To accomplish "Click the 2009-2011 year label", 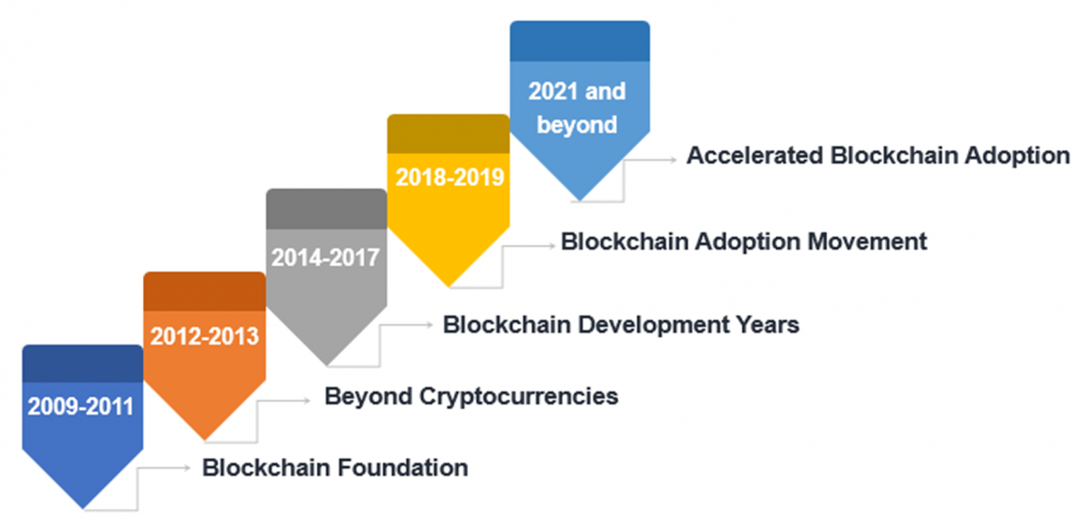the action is click(x=81, y=406).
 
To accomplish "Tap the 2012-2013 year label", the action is click(x=205, y=336).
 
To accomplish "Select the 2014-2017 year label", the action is click(x=325, y=257).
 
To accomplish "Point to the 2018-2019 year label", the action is click(x=450, y=177).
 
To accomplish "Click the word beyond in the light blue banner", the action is click(x=577, y=126).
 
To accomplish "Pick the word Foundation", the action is click(x=403, y=468).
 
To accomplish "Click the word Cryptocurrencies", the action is click(x=519, y=397).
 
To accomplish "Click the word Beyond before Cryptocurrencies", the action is click(x=368, y=397).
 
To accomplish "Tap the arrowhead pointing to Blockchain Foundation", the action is click(x=187, y=467).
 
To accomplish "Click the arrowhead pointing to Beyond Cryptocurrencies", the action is click(x=306, y=401).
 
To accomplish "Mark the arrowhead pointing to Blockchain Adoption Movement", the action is click(x=551, y=246).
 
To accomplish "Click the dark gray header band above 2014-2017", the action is click(x=327, y=209).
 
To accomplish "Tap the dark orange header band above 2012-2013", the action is click(x=205, y=292).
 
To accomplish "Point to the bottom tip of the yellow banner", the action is click(x=449, y=288).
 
